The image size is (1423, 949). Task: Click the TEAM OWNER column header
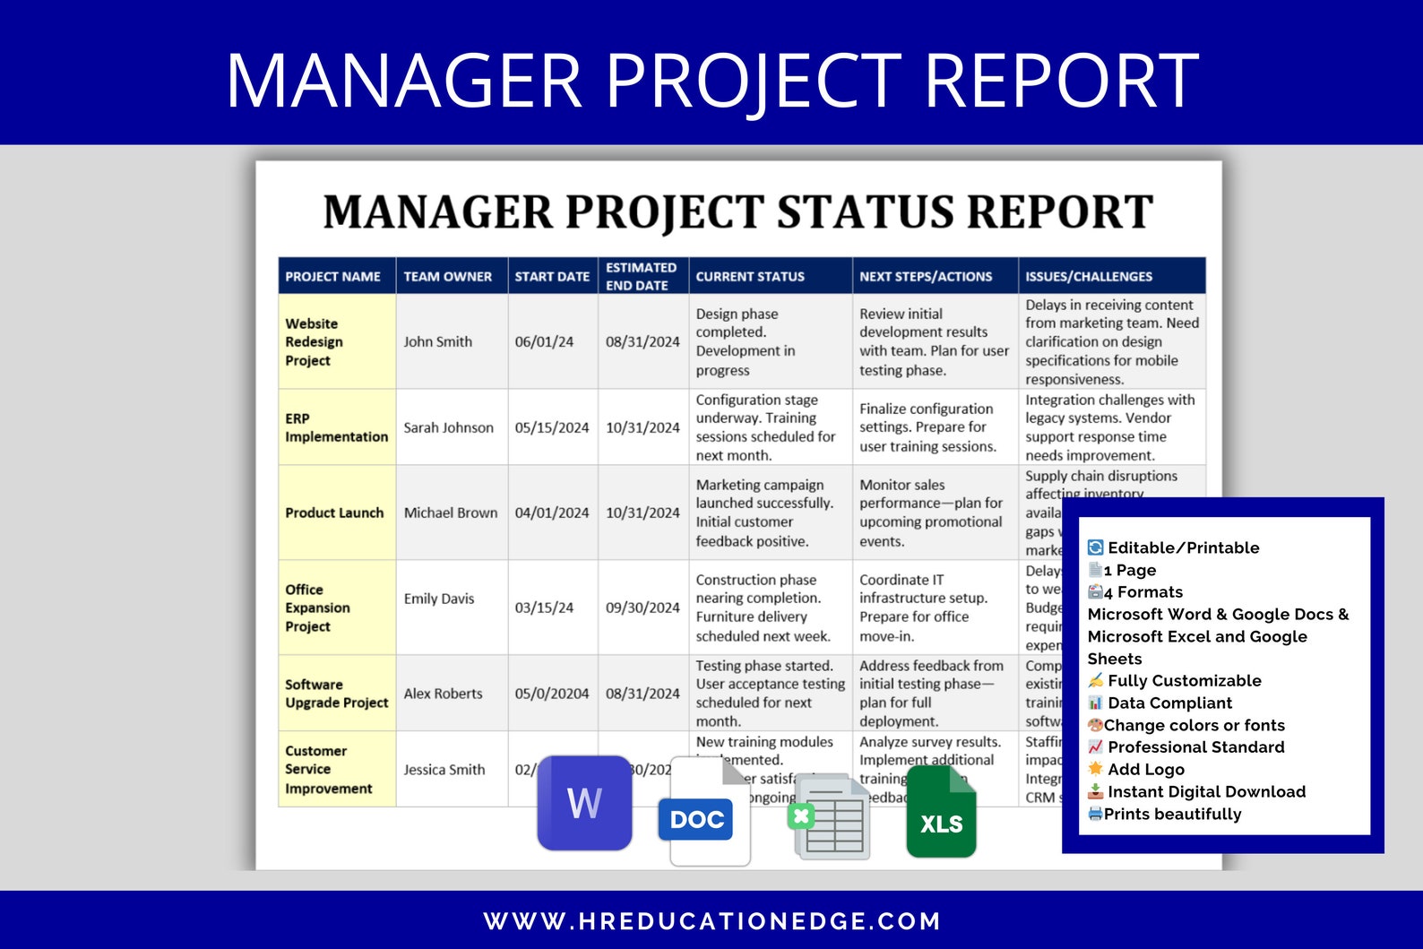[447, 277]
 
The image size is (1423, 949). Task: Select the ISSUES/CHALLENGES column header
[1089, 277]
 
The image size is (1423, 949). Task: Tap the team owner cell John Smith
[437, 341]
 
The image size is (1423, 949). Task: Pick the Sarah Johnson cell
[448, 427]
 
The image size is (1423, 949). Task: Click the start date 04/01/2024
[551, 513]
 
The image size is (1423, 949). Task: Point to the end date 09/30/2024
[643, 608]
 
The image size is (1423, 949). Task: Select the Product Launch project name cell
[334, 513]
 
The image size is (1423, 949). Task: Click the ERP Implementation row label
[336, 427]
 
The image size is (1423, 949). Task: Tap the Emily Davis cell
[438, 599]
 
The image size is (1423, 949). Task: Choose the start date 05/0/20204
[551, 694]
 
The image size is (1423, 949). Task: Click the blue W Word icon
[584, 803]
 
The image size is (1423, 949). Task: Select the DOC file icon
[707, 813]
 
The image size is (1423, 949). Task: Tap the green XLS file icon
[941, 813]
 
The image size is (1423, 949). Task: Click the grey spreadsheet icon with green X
[830, 816]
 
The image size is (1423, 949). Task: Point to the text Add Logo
[1145, 770]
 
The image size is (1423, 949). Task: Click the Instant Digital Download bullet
[1206, 792]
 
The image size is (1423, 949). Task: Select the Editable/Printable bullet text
[1183, 548]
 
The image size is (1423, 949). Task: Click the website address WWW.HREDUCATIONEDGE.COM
[711, 921]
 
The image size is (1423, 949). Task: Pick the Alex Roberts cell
[443, 694]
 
